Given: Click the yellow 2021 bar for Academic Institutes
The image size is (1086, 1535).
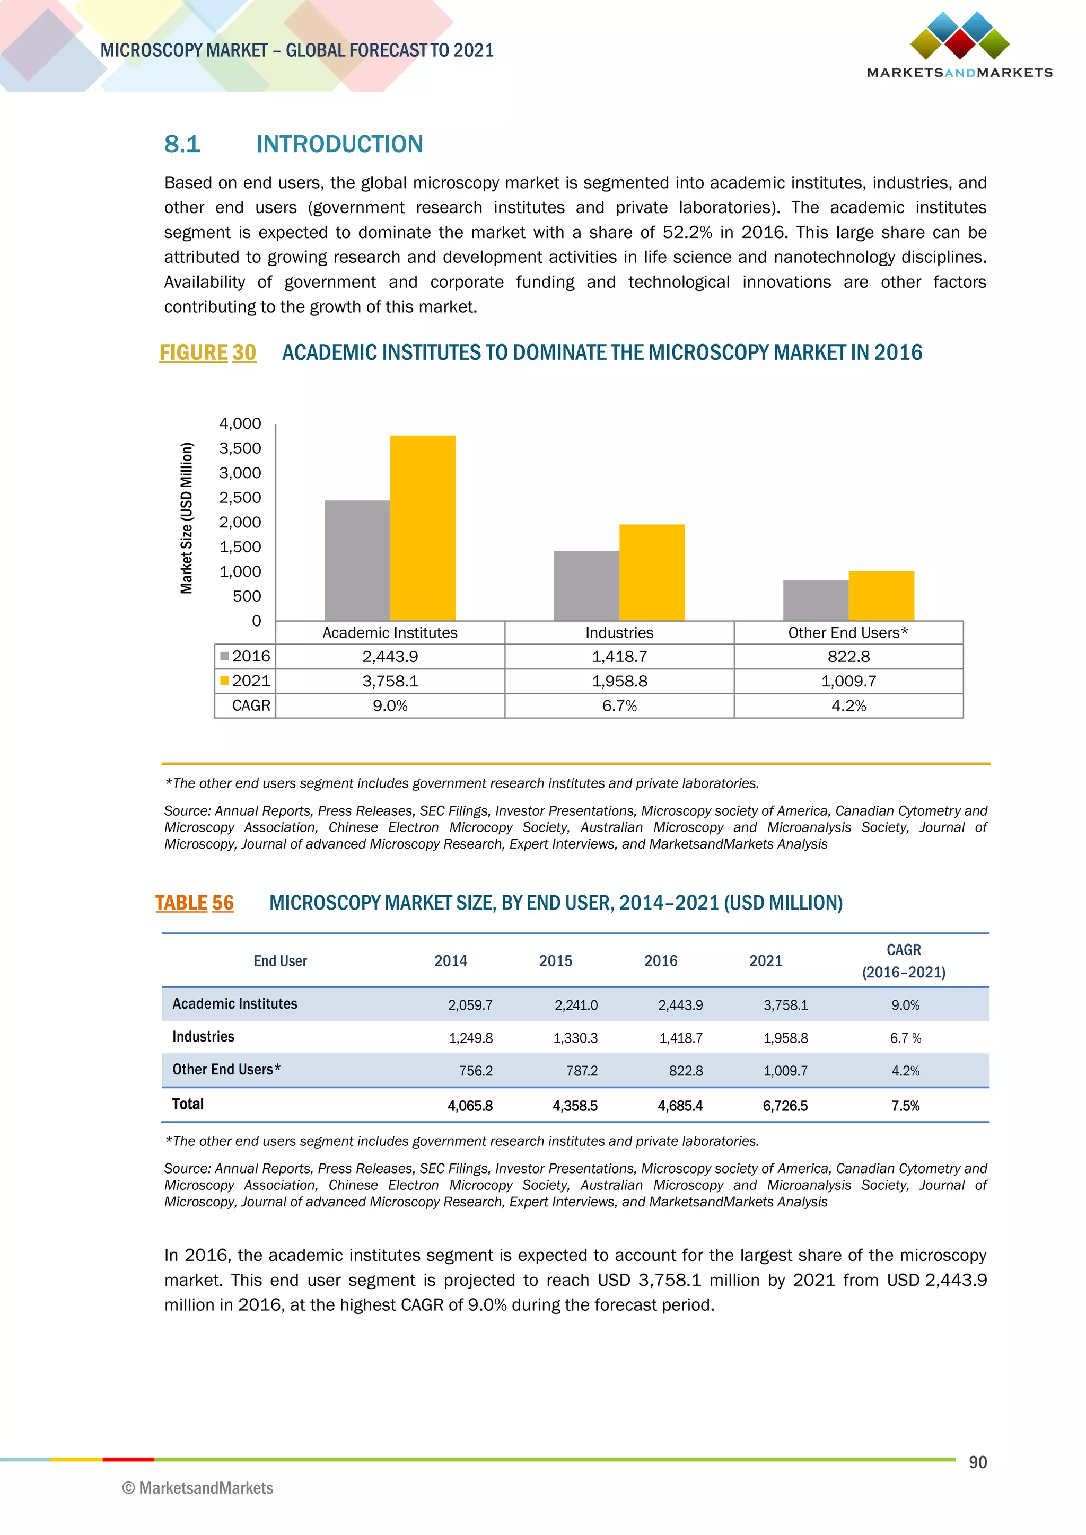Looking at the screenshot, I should click(x=423, y=528).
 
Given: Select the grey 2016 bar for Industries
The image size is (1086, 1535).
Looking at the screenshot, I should click(x=586, y=586).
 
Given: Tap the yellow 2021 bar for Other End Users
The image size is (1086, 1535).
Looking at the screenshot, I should click(x=881, y=596).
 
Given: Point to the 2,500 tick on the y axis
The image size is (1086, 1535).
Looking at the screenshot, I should click(x=240, y=497).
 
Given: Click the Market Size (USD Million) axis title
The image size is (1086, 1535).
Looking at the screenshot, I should click(x=187, y=518).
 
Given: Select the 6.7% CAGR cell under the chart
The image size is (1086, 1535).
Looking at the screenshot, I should click(x=619, y=706).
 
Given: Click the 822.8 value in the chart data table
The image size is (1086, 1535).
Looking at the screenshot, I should click(x=848, y=657).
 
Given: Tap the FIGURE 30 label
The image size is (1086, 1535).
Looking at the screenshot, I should click(x=207, y=352).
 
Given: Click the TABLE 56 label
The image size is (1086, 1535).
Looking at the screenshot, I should click(x=195, y=903).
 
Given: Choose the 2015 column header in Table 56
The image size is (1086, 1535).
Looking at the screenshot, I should click(x=555, y=961).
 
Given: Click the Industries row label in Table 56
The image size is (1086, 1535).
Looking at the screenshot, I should click(x=203, y=1037).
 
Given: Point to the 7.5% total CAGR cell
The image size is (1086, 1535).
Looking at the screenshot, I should click(x=905, y=1106).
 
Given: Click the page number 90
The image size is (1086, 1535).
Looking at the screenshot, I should click(x=977, y=1462).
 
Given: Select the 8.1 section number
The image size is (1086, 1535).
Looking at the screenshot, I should click(x=182, y=144).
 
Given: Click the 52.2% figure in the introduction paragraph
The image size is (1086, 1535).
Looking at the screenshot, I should click(x=687, y=232).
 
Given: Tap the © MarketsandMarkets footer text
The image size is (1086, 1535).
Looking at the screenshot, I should click(x=198, y=1488).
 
